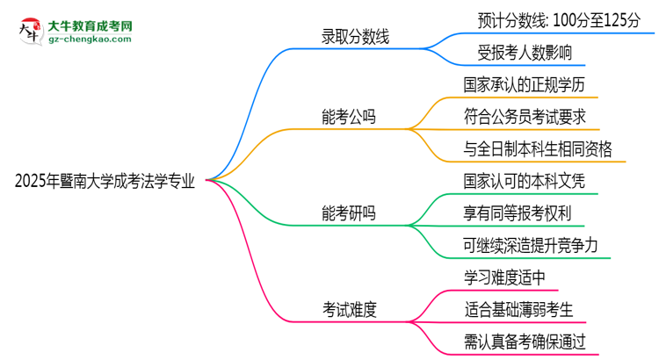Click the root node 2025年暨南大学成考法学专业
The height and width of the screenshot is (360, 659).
105,180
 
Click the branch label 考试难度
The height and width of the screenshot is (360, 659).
350,309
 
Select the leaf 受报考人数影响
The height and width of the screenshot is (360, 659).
518,53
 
